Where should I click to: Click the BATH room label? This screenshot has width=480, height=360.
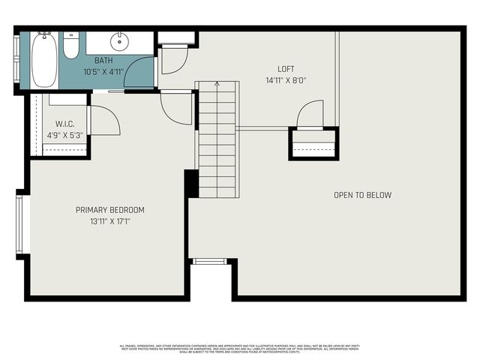(103, 60)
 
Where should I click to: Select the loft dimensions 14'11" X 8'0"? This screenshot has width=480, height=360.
(286, 80)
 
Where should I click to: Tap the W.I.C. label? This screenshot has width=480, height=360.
(64, 124)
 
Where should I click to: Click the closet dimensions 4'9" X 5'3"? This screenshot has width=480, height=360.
(64, 136)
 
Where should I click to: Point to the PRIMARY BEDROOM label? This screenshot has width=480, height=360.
(110, 210)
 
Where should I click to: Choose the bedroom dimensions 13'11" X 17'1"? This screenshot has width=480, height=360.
(110, 222)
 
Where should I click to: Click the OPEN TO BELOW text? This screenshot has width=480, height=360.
(362, 196)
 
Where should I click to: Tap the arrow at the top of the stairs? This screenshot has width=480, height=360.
(217, 85)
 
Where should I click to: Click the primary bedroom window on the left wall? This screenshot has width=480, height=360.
(21, 224)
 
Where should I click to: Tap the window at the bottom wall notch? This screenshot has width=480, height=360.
(210, 261)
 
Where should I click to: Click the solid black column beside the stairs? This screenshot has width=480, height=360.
(191, 184)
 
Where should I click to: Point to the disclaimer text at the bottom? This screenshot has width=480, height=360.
(240, 348)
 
